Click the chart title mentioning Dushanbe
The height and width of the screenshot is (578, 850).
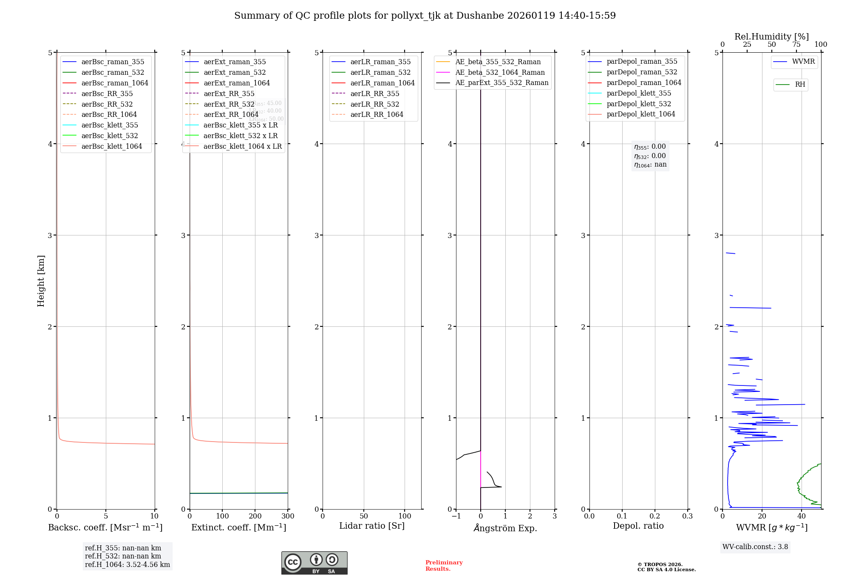(x=425, y=16)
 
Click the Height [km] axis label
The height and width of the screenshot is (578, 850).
(x=41, y=281)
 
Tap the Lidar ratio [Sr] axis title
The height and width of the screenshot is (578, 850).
(x=372, y=526)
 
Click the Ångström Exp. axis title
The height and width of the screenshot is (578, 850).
(x=505, y=528)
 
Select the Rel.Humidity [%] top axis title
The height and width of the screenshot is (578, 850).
(x=771, y=37)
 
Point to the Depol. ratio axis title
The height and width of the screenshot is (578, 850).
(x=638, y=526)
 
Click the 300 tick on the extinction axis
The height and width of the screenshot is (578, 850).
(x=288, y=516)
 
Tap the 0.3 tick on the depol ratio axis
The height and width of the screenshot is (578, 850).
(x=687, y=516)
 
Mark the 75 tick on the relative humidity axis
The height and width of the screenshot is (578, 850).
(x=796, y=45)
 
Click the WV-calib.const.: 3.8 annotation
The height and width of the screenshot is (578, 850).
(x=755, y=547)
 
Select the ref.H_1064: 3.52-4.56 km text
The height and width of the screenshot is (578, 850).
(x=127, y=564)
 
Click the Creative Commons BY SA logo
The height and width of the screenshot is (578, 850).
(x=314, y=563)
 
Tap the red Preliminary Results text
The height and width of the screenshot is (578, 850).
(x=444, y=565)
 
